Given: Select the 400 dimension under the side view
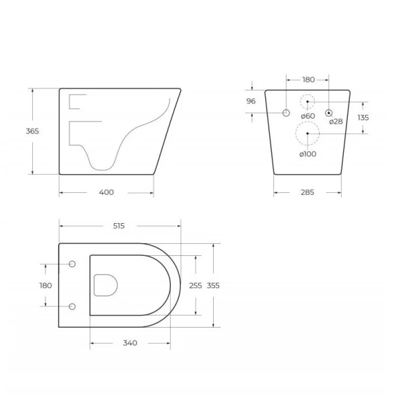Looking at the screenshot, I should tap(107, 192).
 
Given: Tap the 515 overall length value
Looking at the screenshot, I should tap(119, 226).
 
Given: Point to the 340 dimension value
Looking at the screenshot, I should tap(130, 343).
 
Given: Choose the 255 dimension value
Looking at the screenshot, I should tap(196, 285).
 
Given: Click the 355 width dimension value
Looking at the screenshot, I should tap(213, 285).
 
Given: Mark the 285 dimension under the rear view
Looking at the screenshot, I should tap(308, 192).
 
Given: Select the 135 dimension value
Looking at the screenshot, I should tap(362, 117).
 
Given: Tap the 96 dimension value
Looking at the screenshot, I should tap(251, 101).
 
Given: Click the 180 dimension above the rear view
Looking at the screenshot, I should tap(308, 80).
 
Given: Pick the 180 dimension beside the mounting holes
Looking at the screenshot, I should tap(46, 285).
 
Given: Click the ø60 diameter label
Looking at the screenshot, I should tap(308, 116).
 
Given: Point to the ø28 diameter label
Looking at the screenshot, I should tap(336, 121).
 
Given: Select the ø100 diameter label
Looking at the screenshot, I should tap(308, 154).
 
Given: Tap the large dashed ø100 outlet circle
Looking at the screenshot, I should tap(308, 135).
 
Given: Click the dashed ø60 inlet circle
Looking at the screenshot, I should tap(308, 103).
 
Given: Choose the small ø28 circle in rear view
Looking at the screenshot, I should tap(329, 112).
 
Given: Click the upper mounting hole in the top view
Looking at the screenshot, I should tap(72, 263).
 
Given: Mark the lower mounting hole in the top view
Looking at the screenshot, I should tap(72, 307).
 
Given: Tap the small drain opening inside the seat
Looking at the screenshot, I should tap(106, 285).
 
